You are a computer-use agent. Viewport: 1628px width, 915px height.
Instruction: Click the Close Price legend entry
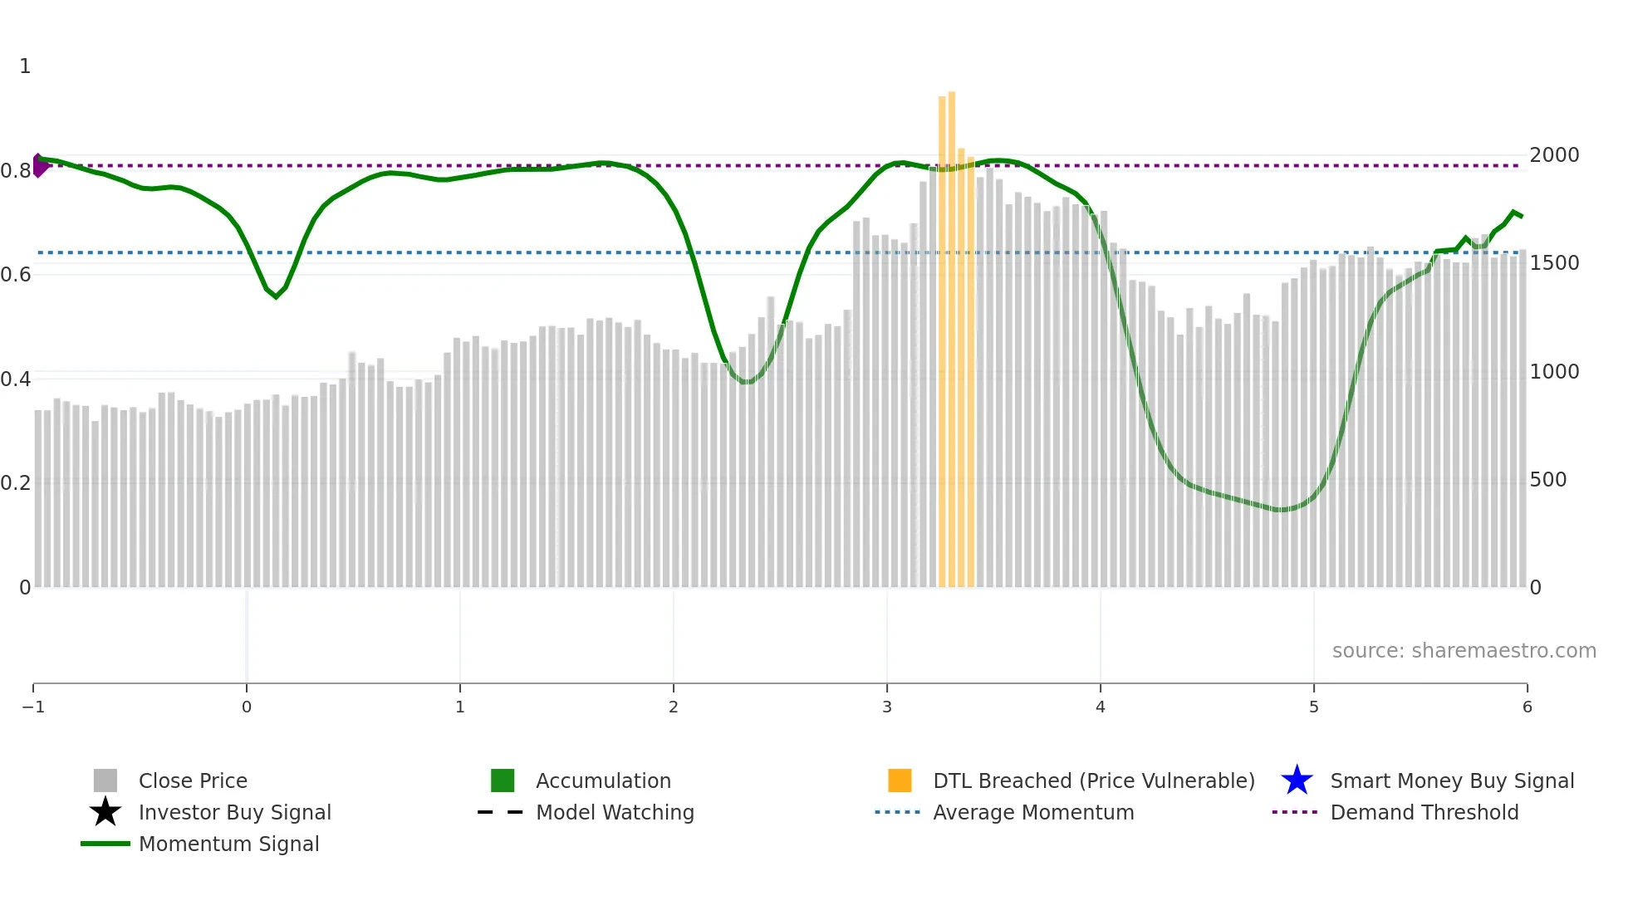click(x=192, y=780)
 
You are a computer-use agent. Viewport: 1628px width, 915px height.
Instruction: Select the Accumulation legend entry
click(x=602, y=780)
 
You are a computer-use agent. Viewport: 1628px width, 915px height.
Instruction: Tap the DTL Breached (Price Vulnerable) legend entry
click(x=1092, y=780)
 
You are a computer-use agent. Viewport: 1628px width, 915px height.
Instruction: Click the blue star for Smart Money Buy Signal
click(x=1297, y=780)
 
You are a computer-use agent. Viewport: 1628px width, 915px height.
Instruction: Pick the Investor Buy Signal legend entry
click(x=234, y=812)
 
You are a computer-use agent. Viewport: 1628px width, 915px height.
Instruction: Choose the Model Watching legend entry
click(x=614, y=812)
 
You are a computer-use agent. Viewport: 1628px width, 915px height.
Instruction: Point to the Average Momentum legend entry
click(x=1032, y=812)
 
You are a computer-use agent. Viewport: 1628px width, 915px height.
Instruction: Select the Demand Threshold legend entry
click(x=1424, y=812)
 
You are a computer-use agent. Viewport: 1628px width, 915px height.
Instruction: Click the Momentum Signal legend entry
click(x=228, y=844)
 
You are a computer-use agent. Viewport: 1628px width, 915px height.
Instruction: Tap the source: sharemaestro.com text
click(x=1464, y=650)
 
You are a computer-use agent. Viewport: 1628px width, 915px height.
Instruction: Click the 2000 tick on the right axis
click(x=1554, y=155)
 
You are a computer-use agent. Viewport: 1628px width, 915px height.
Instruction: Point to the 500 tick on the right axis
click(x=1548, y=480)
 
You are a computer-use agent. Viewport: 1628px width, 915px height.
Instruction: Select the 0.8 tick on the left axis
click(x=16, y=171)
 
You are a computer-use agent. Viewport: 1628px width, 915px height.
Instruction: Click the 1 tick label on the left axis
click(x=25, y=66)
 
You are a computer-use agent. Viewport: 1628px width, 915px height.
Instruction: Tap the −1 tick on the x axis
click(x=33, y=707)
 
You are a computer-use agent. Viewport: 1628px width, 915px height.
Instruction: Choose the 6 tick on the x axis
click(x=1527, y=707)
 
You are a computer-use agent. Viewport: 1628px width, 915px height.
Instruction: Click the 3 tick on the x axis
click(x=886, y=707)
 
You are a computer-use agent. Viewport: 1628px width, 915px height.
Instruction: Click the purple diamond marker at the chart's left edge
click(x=39, y=165)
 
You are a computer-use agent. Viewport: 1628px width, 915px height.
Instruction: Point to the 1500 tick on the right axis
click(x=1554, y=263)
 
